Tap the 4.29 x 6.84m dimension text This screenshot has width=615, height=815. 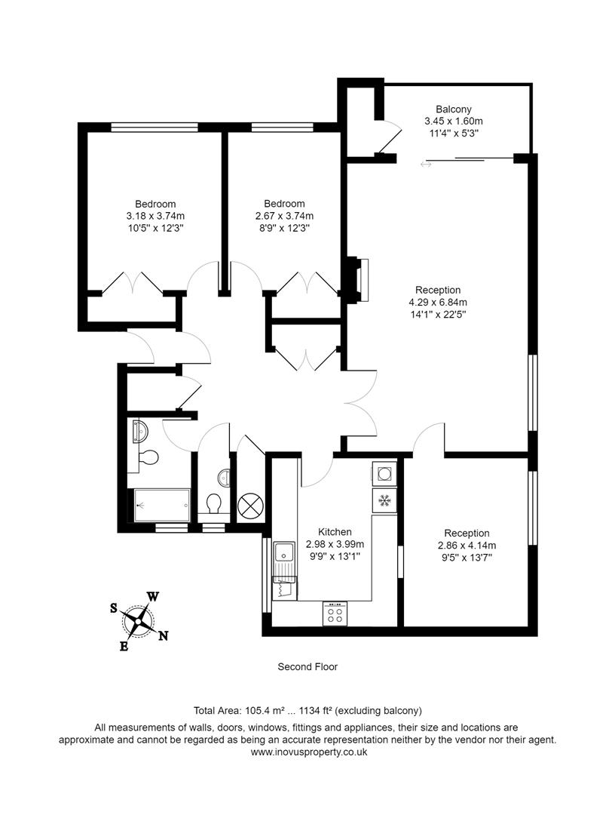point(448,302)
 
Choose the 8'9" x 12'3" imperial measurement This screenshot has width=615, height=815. point(284,227)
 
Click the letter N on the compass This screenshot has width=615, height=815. point(163,635)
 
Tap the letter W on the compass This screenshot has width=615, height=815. point(152,596)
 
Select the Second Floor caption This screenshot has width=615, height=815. point(307,666)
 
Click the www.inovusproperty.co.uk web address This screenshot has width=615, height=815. point(307,752)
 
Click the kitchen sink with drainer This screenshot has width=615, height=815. point(284,559)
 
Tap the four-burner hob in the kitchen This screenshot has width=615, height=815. point(335,614)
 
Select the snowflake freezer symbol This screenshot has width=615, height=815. point(384,500)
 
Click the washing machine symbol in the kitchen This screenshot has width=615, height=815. point(384,474)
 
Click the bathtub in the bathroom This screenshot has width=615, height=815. point(161,505)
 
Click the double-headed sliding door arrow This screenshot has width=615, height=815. point(427,164)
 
